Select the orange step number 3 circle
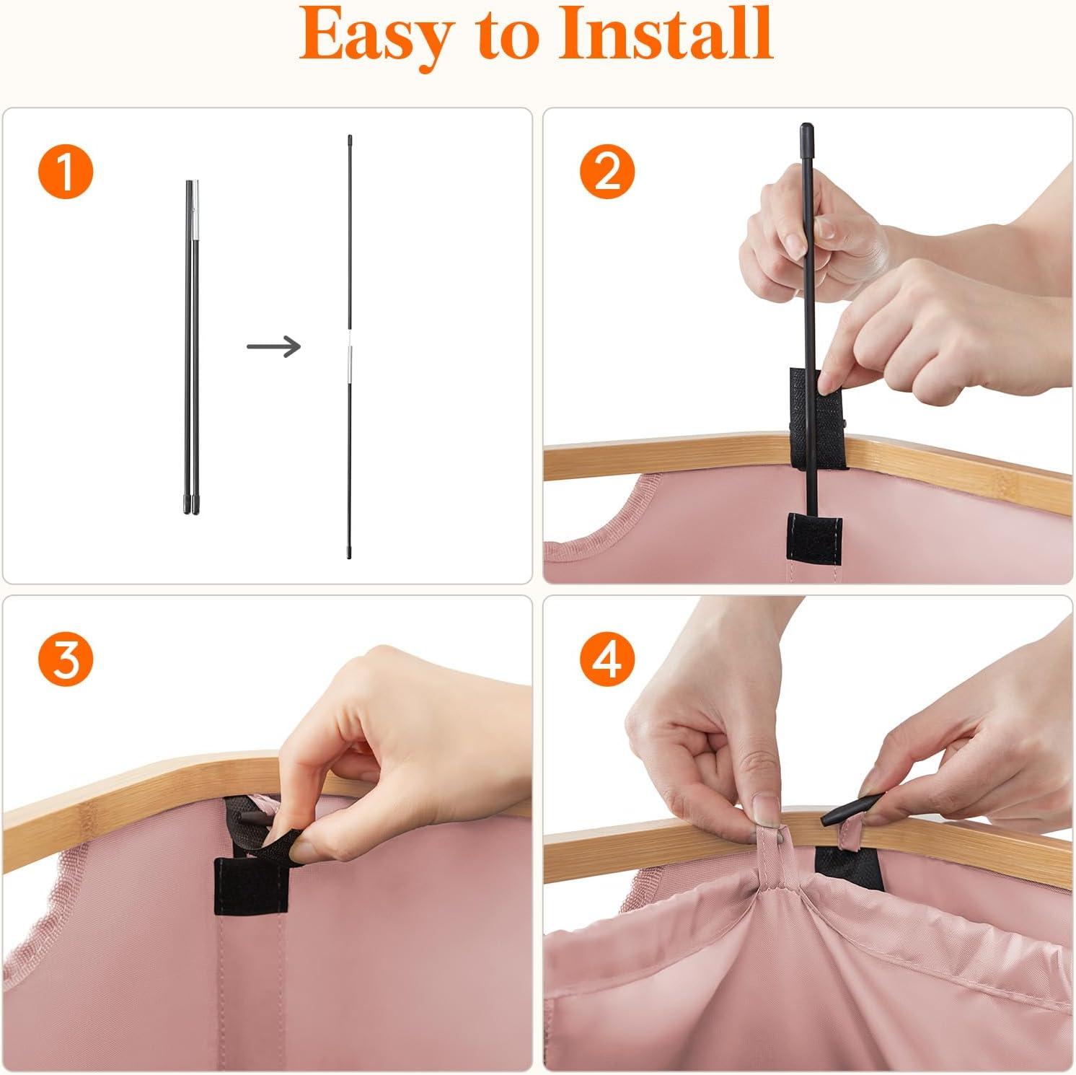(x=66, y=660)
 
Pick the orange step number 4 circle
(x=607, y=660)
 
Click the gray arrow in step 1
(x=273, y=347)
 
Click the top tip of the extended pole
(x=349, y=136)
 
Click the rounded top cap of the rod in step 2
(x=805, y=133)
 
